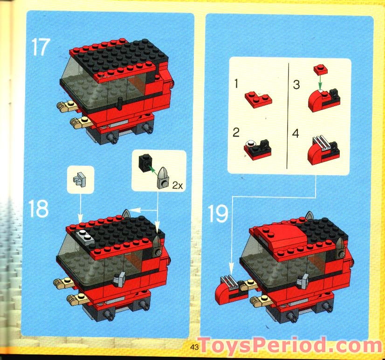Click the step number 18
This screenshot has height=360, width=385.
(x=39, y=209)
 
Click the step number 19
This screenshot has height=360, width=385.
(x=218, y=214)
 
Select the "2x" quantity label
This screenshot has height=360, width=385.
(x=177, y=185)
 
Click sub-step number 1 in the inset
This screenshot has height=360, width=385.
(x=236, y=84)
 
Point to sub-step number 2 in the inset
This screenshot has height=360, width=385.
(x=236, y=132)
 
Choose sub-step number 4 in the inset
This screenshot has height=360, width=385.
(x=296, y=134)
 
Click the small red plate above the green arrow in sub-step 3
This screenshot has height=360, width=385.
(x=320, y=70)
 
